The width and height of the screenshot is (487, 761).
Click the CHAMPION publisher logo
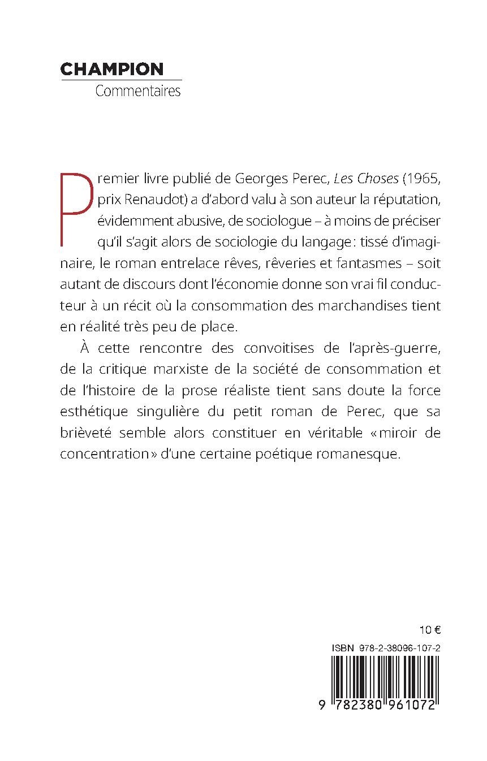click(x=111, y=69)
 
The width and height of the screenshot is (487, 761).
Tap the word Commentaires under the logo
click(x=138, y=91)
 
